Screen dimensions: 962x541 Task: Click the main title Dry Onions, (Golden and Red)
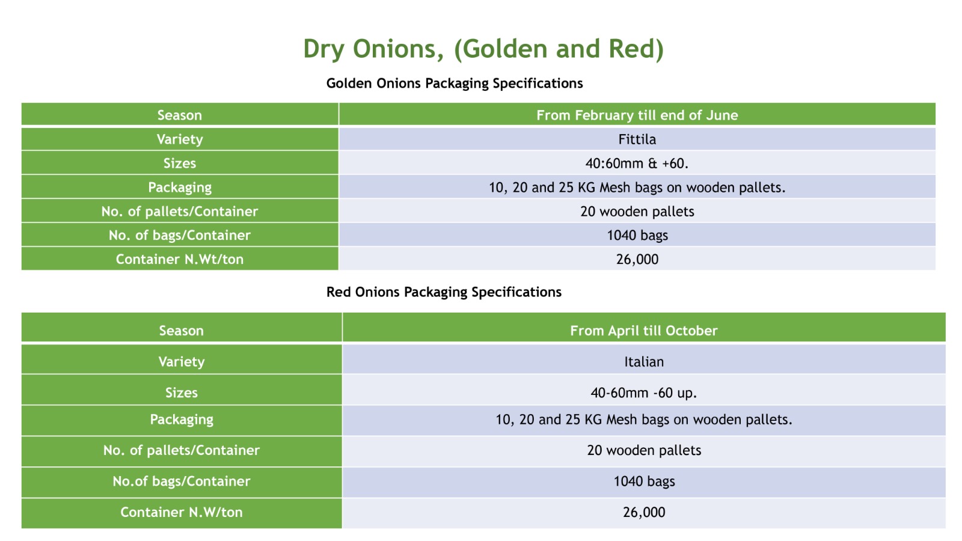tap(483, 49)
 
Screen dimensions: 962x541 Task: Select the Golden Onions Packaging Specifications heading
tap(455, 84)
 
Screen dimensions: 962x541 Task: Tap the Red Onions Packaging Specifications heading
tap(444, 292)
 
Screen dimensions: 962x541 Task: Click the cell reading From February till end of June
tap(637, 115)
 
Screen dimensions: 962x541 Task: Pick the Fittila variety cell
tap(637, 139)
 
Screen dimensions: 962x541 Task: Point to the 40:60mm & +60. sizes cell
tap(637, 163)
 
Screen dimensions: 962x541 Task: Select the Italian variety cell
tap(644, 361)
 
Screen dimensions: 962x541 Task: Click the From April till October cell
tap(644, 331)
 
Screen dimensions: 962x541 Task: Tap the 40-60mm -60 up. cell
tap(644, 393)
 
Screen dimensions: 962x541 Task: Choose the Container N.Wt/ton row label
tap(180, 259)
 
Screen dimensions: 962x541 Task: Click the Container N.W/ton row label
tap(181, 512)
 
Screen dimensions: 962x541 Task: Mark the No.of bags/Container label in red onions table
tap(181, 481)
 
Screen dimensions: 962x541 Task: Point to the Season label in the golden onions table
tap(180, 115)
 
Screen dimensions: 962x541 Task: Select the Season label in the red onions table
tap(181, 331)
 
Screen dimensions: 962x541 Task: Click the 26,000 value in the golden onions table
tap(637, 259)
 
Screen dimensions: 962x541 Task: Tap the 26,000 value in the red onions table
tap(644, 512)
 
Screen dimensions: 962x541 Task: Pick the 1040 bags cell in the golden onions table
tap(637, 235)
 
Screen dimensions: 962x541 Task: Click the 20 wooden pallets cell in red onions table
tap(644, 450)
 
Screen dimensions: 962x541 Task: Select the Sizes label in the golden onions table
tap(180, 163)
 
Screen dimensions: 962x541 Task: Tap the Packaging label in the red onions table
tap(181, 420)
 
